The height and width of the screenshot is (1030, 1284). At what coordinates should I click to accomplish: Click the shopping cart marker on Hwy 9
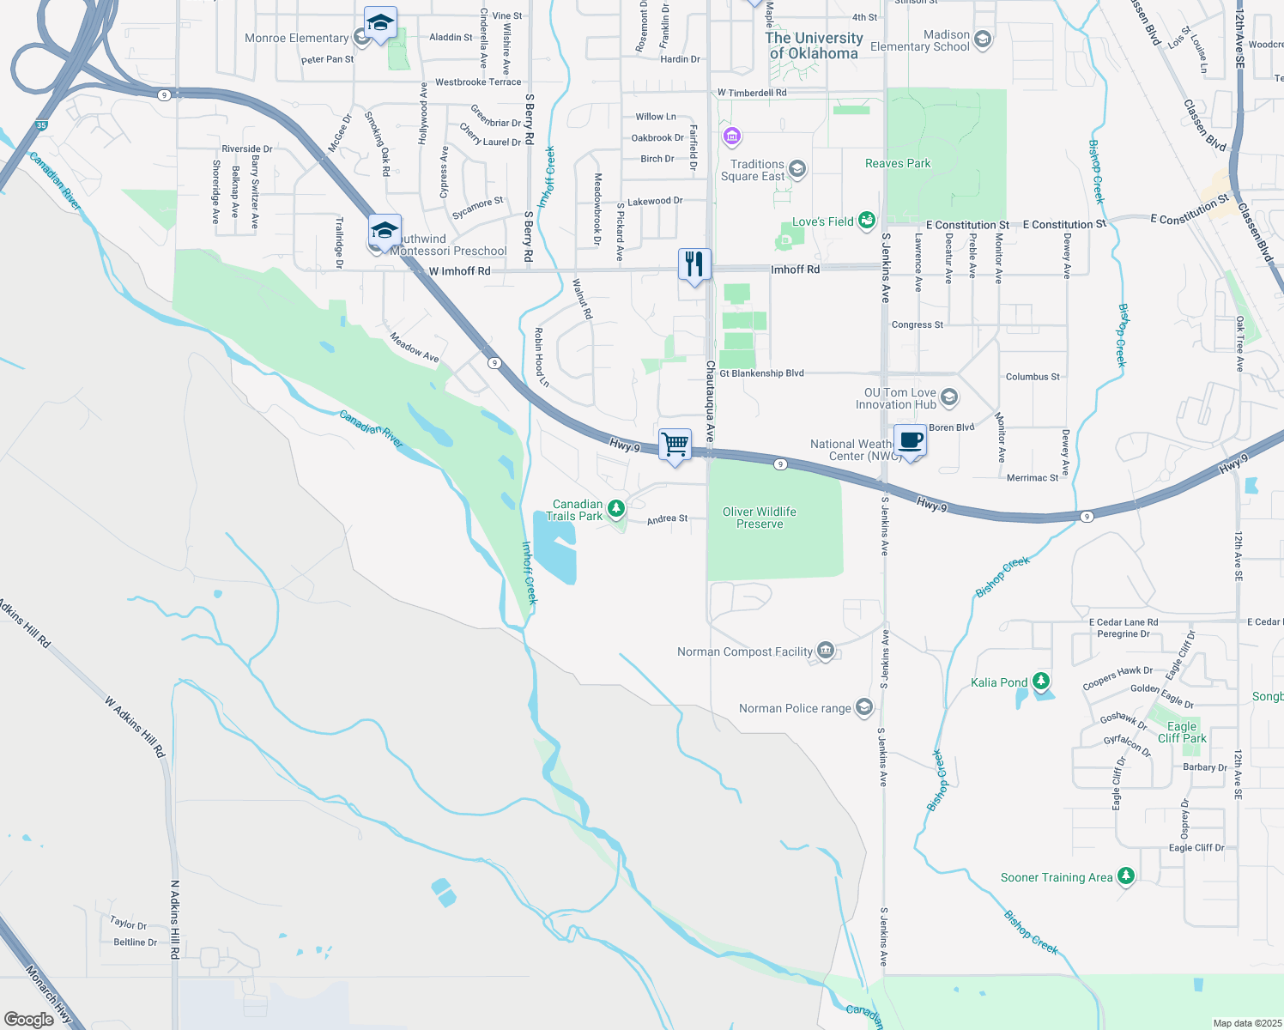click(x=675, y=445)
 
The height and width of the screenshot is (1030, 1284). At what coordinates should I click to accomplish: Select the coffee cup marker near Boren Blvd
click(x=911, y=441)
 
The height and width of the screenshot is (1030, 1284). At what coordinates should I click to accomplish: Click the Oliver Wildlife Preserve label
click(x=760, y=518)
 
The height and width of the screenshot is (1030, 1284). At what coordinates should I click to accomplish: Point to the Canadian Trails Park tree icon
click(x=615, y=509)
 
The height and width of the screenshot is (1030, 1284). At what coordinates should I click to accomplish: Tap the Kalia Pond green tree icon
click(x=1041, y=682)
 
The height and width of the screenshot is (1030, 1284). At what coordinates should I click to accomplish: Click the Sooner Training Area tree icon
click(x=1126, y=876)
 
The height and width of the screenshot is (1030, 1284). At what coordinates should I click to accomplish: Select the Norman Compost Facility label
click(x=744, y=651)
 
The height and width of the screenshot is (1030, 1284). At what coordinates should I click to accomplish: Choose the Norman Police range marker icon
click(x=864, y=707)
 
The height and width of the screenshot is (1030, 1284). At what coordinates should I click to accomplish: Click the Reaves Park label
click(x=898, y=163)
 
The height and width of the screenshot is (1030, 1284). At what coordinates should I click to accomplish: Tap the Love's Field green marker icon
click(x=867, y=221)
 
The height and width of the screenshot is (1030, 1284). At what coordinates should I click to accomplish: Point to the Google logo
click(x=29, y=1019)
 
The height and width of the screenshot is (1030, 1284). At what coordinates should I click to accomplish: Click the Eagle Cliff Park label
click(x=1182, y=732)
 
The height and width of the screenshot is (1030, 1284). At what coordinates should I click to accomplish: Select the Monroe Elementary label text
click(x=296, y=38)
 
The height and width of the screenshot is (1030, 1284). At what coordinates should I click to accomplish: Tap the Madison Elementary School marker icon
click(x=983, y=39)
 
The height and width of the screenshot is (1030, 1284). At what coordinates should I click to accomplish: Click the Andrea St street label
click(x=667, y=518)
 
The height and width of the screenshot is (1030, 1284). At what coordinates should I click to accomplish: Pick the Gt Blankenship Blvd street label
click(x=761, y=373)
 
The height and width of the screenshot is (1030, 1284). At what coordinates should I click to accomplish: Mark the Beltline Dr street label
click(x=136, y=942)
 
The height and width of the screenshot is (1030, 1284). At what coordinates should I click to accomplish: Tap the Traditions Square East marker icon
click(x=796, y=168)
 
